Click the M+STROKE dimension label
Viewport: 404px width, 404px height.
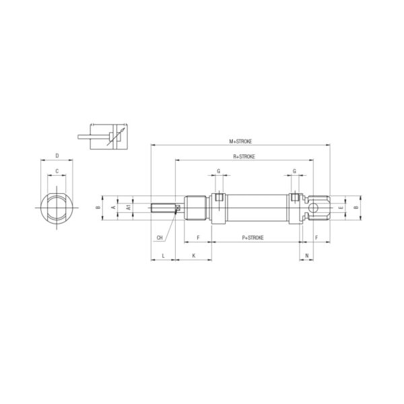click(x=240, y=141)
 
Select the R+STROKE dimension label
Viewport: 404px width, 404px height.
click(x=244, y=156)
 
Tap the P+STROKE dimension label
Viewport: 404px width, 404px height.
click(x=252, y=238)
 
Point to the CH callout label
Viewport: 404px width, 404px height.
click(x=160, y=238)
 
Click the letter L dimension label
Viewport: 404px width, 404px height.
click(x=163, y=256)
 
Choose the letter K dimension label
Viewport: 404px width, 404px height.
click(x=194, y=256)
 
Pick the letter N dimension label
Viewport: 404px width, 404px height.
click(x=307, y=256)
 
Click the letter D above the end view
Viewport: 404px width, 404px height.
click(x=57, y=156)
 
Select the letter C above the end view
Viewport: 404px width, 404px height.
click(x=57, y=171)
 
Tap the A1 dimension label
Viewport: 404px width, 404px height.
click(x=129, y=207)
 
